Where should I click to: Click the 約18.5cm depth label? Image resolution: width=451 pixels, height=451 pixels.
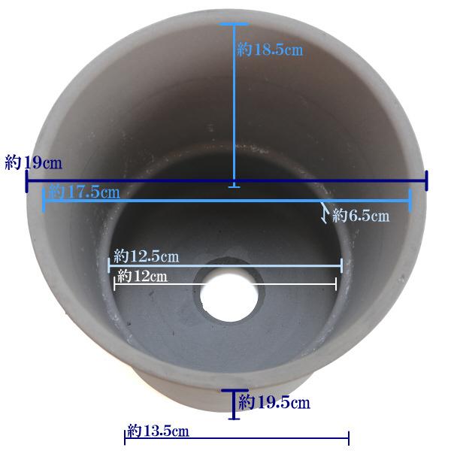[270, 50]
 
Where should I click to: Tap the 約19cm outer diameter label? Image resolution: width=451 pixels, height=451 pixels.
[33, 162]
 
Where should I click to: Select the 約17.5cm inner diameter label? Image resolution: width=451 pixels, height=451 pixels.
[83, 192]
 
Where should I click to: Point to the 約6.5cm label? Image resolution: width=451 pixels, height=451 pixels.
[361, 216]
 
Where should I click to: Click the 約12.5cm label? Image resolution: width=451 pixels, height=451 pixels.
[146, 256]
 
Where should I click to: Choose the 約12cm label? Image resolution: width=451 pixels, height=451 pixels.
[142, 277]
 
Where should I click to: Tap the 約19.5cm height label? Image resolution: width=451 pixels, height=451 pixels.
[274, 402]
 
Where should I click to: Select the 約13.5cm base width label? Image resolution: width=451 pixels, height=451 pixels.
[158, 431]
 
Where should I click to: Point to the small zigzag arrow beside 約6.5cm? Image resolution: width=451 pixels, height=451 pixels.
[325, 212]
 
